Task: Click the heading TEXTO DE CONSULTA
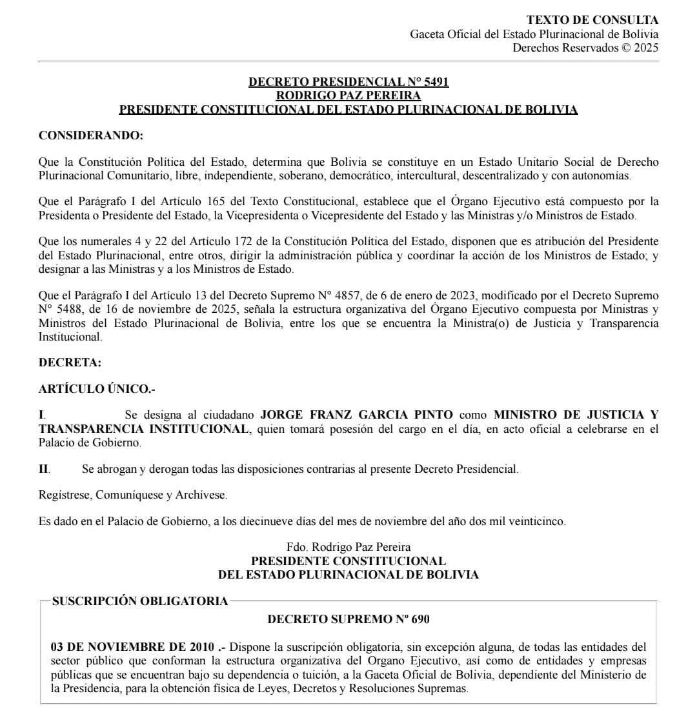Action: pos(592,21)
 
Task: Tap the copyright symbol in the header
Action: pos(625,48)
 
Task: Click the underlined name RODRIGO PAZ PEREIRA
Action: pos(348,96)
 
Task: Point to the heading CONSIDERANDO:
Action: pos(91,135)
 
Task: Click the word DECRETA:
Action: pos(70,363)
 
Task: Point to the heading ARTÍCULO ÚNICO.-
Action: pos(97,389)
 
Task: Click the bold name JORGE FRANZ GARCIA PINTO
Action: pos(356,415)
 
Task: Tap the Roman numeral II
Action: pos(44,469)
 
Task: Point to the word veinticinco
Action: pos(537,522)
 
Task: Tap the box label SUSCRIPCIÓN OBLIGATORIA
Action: pos(139,601)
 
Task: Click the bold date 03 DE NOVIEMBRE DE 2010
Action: pos(132,646)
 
